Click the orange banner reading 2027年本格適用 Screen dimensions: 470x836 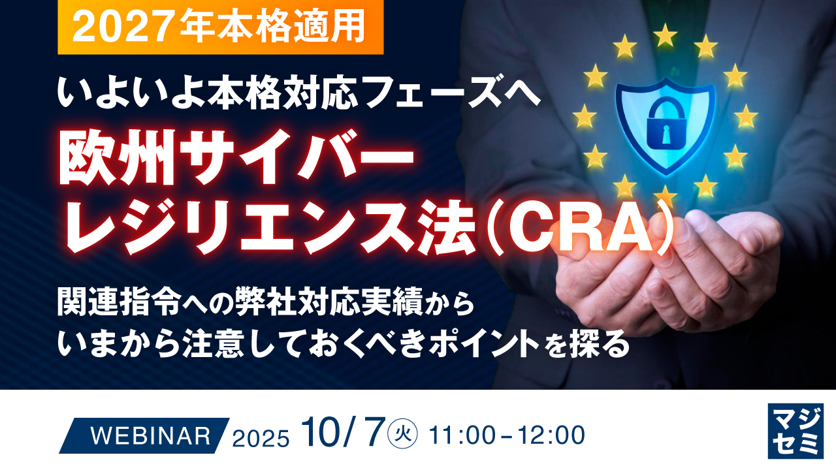[219, 28]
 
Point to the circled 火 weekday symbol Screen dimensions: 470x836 [398, 433]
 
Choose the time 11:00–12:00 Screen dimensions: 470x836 [506, 434]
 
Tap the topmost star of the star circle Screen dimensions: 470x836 [665, 35]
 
